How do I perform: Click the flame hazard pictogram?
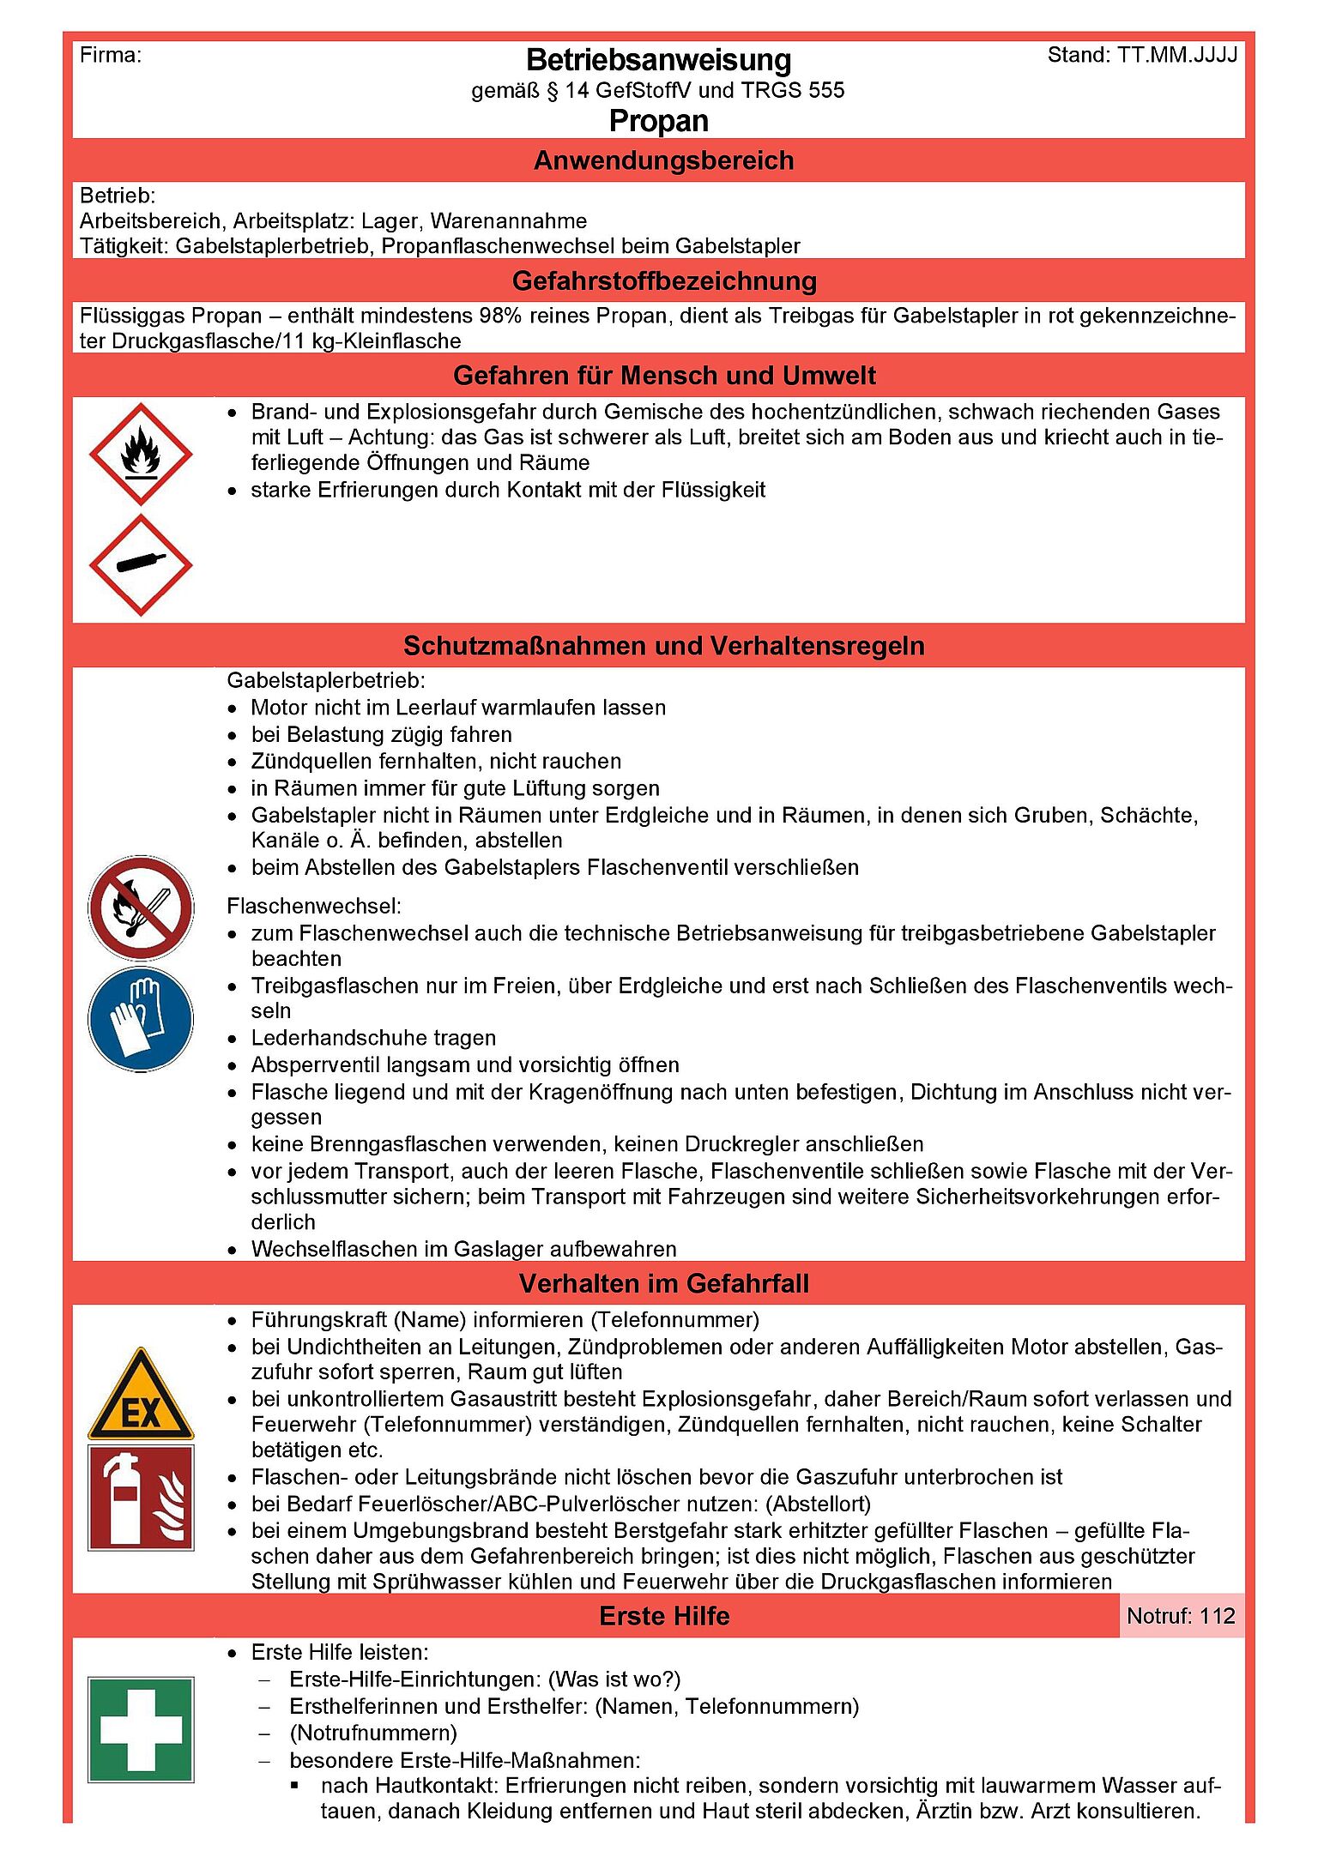(x=141, y=454)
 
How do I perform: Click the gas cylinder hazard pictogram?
(x=141, y=564)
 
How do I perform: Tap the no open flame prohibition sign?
(x=141, y=907)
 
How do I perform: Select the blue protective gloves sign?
(x=141, y=1019)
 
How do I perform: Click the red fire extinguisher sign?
(x=141, y=1498)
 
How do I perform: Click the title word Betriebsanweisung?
(x=658, y=60)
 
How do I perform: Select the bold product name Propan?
(x=658, y=121)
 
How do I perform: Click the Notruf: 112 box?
(x=1181, y=1616)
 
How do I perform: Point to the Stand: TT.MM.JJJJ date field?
(x=1142, y=56)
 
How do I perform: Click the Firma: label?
(x=111, y=56)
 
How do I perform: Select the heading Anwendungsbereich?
(x=663, y=160)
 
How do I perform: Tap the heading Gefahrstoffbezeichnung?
(x=663, y=280)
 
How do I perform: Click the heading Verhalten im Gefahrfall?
(x=663, y=1283)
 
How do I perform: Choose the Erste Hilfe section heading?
(x=663, y=1616)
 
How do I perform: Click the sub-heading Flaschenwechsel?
(x=313, y=906)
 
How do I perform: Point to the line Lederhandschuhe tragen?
(x=373, y=1038)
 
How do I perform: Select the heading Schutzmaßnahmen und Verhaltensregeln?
(x=663, y=645)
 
